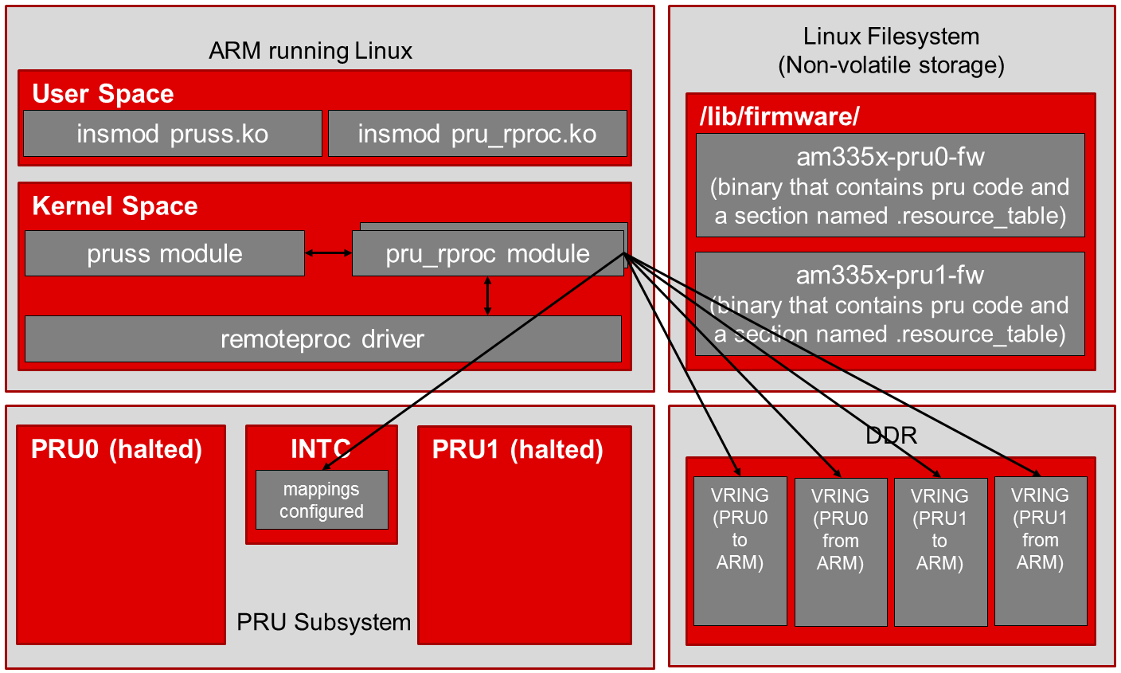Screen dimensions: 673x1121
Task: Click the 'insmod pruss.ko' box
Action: pos(172,134)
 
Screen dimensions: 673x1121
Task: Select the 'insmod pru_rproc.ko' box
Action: pos(477,134)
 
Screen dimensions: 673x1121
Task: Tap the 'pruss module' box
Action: pos(164,254)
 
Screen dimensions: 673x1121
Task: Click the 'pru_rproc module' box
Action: pos(487,254)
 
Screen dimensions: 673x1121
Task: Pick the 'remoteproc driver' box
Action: pos(322,339)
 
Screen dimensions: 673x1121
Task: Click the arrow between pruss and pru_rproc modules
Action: pos(328,253)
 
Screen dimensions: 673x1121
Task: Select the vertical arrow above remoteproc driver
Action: pos(488,296)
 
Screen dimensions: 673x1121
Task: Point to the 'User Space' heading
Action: pos(103,94)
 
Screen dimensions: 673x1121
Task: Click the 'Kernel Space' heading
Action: pos(115,206)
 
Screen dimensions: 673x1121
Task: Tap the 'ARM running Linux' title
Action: pos(311,52)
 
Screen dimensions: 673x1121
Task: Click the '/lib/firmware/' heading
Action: pos(779,117)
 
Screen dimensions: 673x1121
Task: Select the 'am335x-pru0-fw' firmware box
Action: pos(890,186)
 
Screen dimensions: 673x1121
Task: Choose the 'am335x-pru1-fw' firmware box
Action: pos(890,304)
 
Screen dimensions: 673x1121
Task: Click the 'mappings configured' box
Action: pos(322,500)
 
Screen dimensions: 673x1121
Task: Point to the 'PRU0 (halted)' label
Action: pos(116,450)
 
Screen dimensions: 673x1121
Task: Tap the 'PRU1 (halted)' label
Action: pos(518,450)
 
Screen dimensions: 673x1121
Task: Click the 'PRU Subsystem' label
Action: pos(324,622)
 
